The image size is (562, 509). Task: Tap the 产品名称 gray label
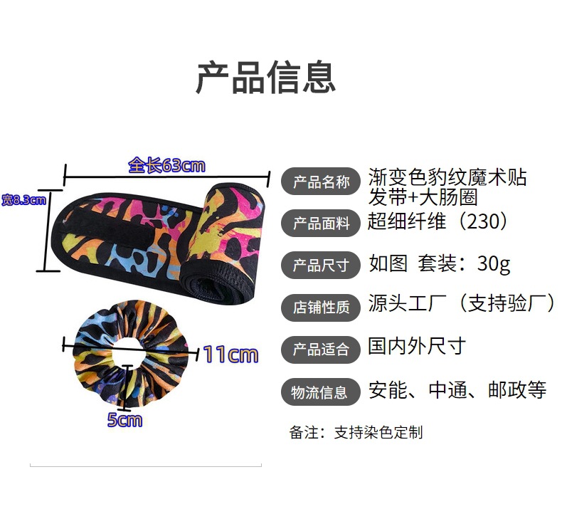pyautogui.click(x=321, y=182)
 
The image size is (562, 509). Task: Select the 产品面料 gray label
pyautogui.click(x=321, y=224)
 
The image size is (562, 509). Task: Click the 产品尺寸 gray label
pyautogui.click(x=321, y=266)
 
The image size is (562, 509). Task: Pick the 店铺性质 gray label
pyautogui.click(x=321, y=307)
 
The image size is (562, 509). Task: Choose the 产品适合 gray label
pyautogui.click(x=321, y=349)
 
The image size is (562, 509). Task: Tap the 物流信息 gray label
pyautogui.click(x=321, y=391)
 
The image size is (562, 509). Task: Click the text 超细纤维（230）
pyautogui.click(x=438, y=221)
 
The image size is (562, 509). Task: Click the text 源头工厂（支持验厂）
pyautogui.click(x=462, y=304)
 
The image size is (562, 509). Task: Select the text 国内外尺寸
pyautogui.click(x=417, y=347)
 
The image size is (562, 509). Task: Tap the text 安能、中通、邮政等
pyautogui.click(x=457, y=389)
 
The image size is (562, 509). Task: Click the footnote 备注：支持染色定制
pyautogui.click(x=356, y=432)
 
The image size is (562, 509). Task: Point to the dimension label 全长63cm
pyautogui.click(x=166, y=166)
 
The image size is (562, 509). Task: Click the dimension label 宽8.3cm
pyautogui.click(x=23, y=200)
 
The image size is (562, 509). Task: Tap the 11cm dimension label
pyautogui.click(x=230, y=354)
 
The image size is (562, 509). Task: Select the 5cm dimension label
pyautogui.click(x=124, y=420)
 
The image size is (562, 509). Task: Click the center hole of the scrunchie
pyautogui.click(x=127, y=350)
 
